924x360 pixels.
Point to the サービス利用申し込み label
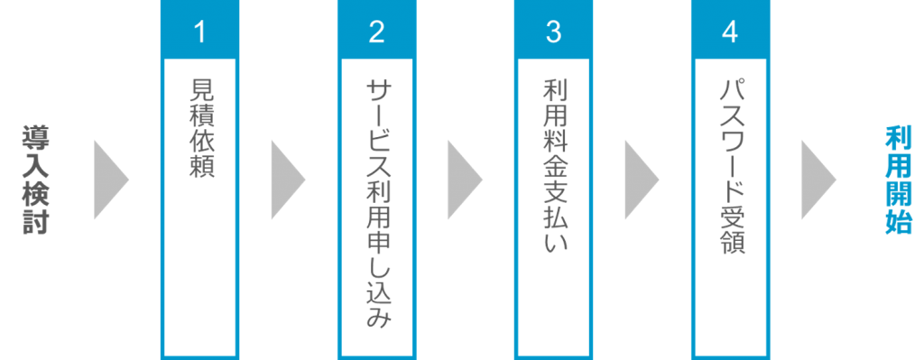[378, 204]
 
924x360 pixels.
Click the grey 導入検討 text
[37, 180]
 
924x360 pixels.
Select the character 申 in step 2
[378, 243]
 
